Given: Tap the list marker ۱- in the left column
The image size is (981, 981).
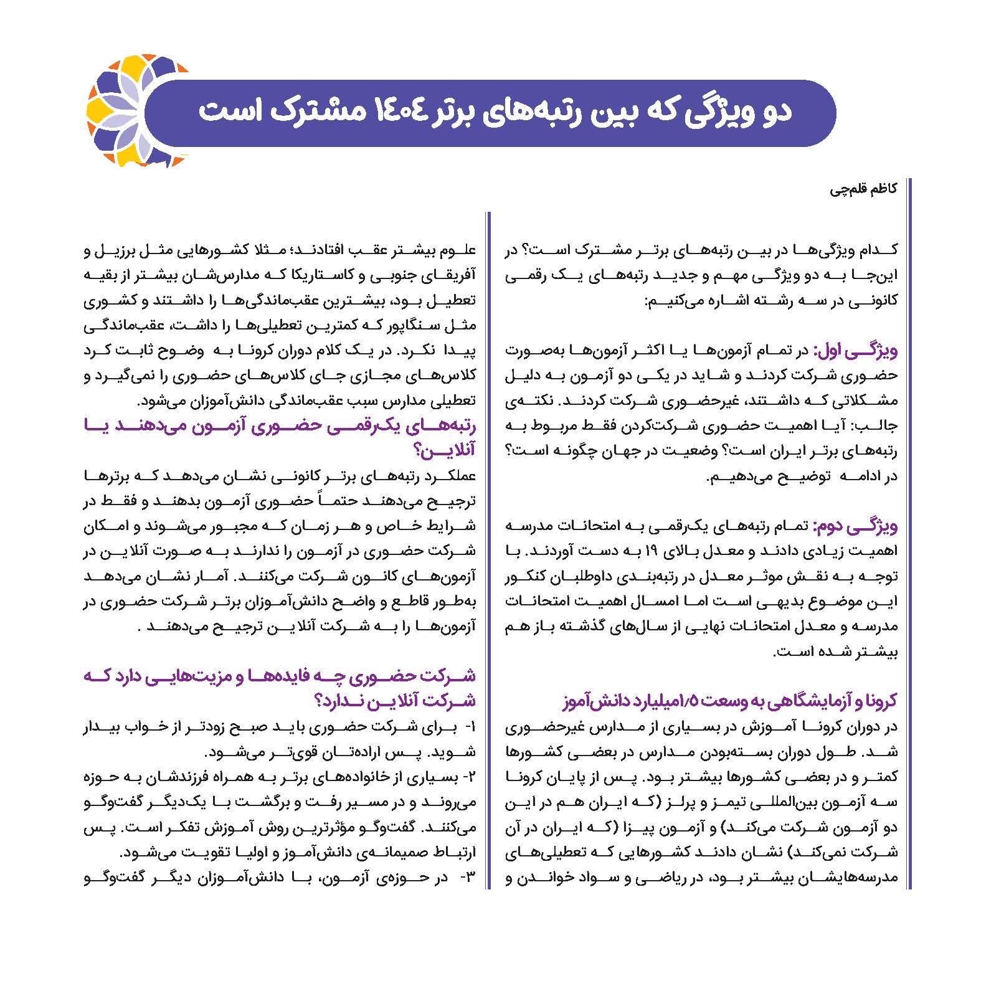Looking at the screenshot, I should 470,727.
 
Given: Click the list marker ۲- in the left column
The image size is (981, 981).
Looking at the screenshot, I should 470,778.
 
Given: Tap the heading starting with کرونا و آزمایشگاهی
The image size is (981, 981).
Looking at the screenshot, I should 729,701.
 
